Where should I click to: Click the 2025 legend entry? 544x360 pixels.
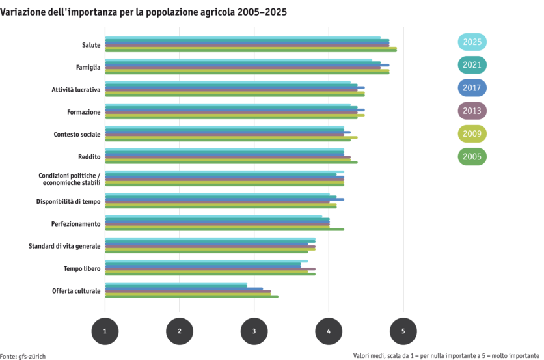(472, 42)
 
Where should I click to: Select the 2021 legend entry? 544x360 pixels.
(472, 65)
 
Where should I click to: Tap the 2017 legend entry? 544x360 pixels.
(472, 88)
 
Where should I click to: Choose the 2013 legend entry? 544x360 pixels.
(472, 111)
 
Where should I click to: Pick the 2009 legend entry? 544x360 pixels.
(472, 133)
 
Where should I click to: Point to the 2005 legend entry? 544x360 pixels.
(472, 156)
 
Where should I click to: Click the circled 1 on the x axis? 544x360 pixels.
(105, 331)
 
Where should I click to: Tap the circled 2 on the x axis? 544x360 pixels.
(180, 331)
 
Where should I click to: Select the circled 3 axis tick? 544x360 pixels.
(254, 331)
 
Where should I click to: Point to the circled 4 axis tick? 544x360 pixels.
(329, 331)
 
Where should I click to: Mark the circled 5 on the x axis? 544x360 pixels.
(403, 331)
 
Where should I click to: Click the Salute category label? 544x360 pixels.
(91, 45)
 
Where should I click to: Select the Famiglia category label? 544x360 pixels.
(88, 67)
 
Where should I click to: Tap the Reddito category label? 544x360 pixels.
(89, 156)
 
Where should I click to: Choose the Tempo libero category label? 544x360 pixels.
(82, 268)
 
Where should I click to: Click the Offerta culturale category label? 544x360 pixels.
(77, 290)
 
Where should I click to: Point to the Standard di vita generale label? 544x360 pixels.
(64, 245)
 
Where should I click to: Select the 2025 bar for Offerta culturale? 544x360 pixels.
(176, 283)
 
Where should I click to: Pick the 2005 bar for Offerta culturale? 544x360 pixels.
(191, 297)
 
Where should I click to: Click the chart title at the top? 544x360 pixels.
(143, 12)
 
